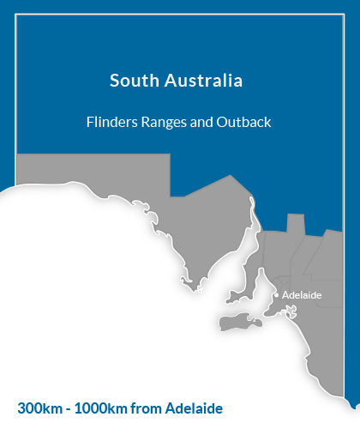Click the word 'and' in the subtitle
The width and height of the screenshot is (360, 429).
click(202, 122)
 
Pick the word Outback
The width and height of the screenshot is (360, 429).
click(244, 122)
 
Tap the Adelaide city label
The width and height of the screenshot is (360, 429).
click(302, 295)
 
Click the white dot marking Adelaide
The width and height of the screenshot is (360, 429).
click(276, 295)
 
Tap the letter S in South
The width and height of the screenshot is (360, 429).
click(115, 82)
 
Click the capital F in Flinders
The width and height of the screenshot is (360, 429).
click(90, 122)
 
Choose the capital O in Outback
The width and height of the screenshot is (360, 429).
click(222, 122)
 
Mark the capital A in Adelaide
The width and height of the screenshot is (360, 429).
click(285, 295)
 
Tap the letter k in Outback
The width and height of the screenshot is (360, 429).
click(267, 122)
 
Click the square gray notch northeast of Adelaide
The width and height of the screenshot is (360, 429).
click(296, 225)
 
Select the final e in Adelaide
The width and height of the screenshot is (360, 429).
click(319, 295)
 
